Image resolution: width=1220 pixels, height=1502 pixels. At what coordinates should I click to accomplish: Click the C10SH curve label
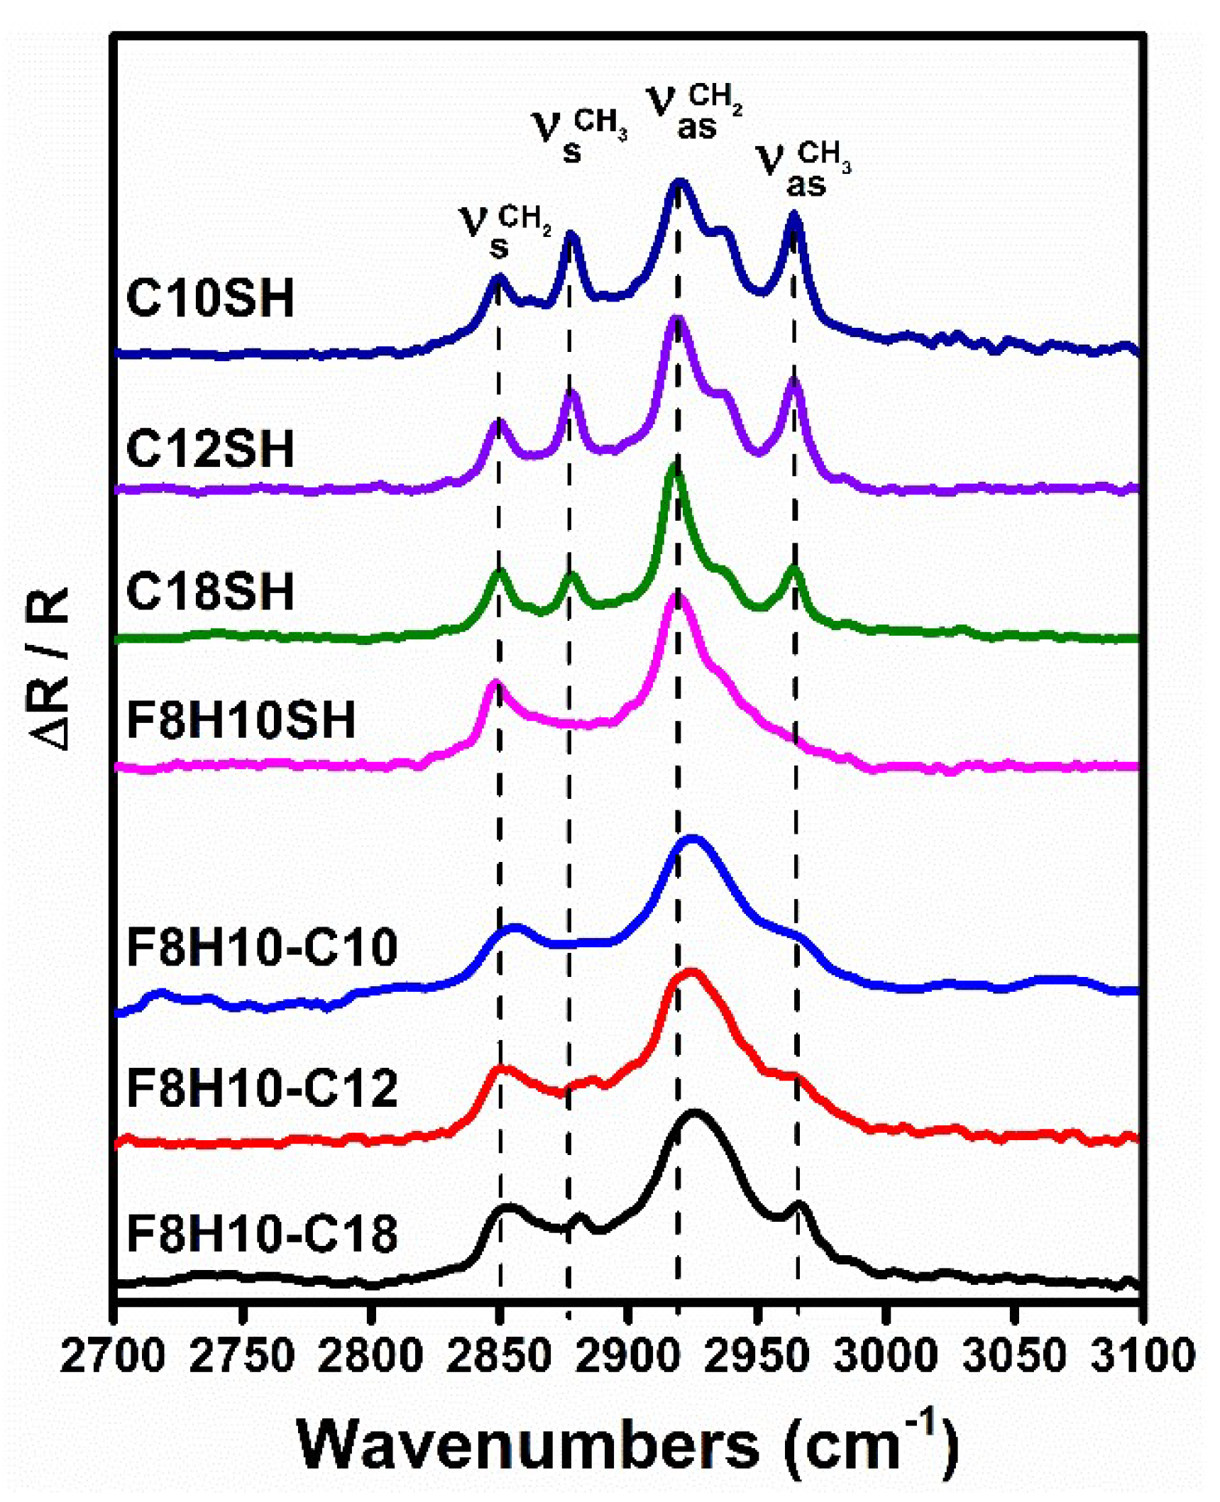[210, 298]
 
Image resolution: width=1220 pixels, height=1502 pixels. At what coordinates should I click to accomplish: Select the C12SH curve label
[210, 448]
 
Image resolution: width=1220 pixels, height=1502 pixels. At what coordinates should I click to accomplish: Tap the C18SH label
[210, 591]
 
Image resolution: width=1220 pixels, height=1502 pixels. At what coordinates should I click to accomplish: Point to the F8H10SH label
[241, 720]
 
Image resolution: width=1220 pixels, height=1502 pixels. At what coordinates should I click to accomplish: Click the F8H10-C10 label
[262, 947]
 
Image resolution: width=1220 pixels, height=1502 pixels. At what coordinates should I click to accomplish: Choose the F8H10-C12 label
[262, 1088]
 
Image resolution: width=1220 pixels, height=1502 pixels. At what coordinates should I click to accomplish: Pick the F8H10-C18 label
[262, 1234]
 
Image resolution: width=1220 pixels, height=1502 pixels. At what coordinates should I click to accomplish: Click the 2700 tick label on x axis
[114, 1356]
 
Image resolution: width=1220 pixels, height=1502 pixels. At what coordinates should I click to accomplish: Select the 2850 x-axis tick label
[500, 1356]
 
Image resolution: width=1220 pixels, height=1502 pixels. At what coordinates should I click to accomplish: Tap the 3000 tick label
[885, 1356]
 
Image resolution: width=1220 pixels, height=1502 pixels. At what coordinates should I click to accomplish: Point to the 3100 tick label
[1141, 1356]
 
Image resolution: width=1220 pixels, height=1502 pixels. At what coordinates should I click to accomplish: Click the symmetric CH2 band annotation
[505, 231]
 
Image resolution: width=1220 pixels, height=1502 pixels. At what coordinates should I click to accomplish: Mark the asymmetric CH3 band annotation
[805, 169]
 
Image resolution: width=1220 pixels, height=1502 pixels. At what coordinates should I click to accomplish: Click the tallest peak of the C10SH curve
[679, 182]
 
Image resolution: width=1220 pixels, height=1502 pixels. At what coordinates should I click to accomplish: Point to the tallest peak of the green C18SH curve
[674, 468]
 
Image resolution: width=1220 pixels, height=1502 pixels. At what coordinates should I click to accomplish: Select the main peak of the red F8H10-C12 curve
[688, 973]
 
